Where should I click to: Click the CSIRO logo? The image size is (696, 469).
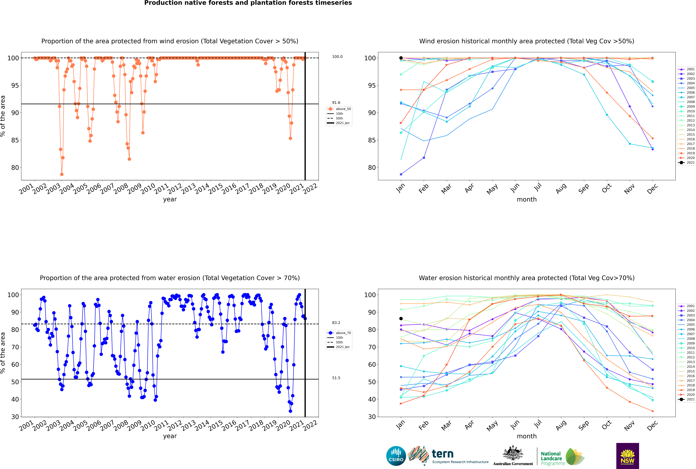(396, 456)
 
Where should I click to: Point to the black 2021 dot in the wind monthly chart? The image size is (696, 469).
(401, 58)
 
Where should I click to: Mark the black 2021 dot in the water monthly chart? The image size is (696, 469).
(401, 319)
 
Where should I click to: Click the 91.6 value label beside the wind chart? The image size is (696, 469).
(336, 103)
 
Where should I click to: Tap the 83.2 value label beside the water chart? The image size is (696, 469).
(336, 323)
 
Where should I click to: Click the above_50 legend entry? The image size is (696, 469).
(339, 109)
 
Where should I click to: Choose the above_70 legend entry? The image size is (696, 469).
(339, 333)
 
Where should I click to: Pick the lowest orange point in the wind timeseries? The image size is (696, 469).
(62, 174)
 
